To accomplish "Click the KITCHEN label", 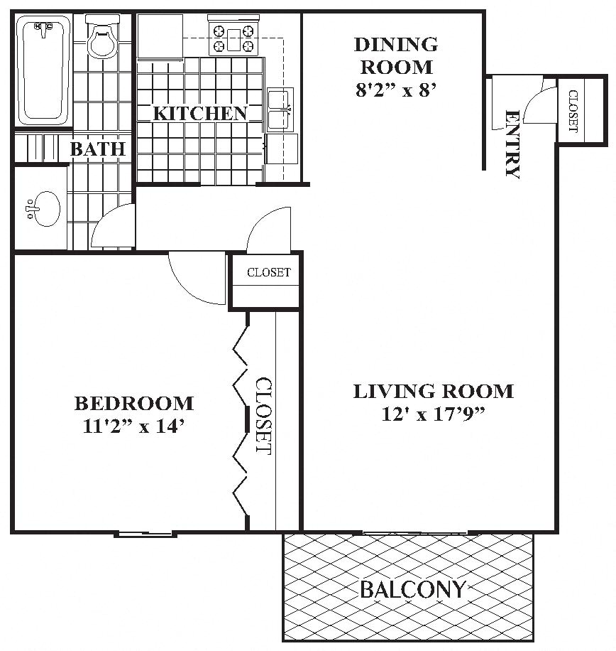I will coord(200,113).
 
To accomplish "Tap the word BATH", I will coord(98,149).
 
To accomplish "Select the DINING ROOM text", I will coord(396,55).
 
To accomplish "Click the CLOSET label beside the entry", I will coord(572,111).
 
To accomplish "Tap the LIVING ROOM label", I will coord(433,391).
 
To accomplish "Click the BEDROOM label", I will coord(133,403).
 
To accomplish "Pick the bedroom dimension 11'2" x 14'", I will coord(133,426).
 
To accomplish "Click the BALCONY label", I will coord(412,589).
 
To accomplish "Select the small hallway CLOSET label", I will coord(268,272).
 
